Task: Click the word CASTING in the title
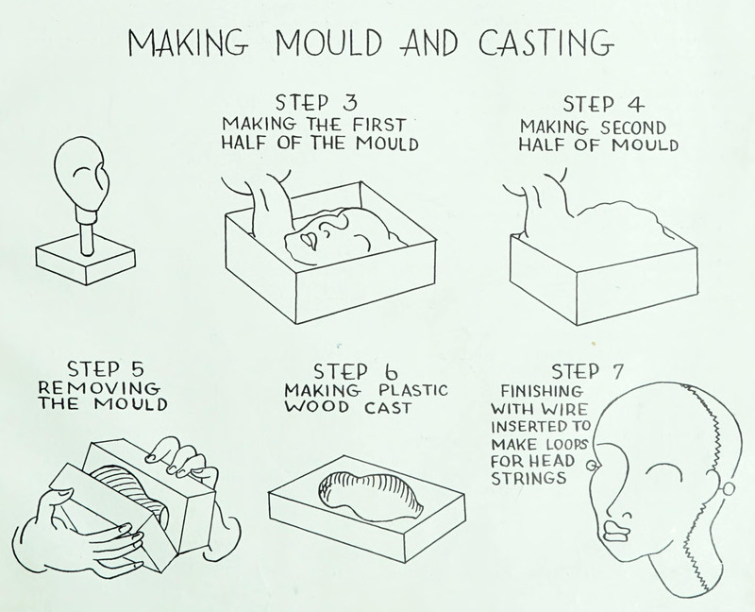(x=546, y=42)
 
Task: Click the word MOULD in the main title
(x=328, y=42)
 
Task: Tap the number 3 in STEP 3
(x=350, y=102)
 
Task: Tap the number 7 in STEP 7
(x=616, y=371)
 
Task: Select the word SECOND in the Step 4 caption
(x=633, y=127)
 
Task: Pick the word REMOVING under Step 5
(x=99, y=387)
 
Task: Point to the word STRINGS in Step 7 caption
(x=528, y=478)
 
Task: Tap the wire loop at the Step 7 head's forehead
(x=592, y=466)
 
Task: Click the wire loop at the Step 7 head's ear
(x=728, y=489)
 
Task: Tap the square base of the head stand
(x=86, y=262)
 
